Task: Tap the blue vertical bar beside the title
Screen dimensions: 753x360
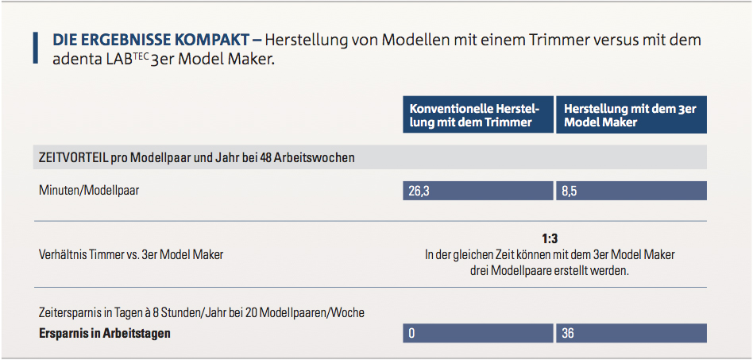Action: (35, 48)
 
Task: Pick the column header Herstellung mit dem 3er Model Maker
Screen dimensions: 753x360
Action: (630, 115)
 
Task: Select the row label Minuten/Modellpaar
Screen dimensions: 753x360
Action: (89, 191)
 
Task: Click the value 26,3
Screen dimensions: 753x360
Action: (418, 191)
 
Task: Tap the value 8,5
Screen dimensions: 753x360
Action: (569, 191)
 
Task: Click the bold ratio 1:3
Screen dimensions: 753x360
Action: (550, 239)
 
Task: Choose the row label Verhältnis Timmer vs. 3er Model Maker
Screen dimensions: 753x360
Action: (131, 255)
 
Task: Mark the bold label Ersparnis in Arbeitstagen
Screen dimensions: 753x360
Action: (105, 333)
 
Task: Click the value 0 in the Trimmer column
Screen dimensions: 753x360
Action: (411, 333)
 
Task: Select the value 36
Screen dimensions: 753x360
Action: (567, 333)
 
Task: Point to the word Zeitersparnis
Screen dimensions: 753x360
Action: (70, 313)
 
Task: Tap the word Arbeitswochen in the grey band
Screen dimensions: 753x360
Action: (314, 157)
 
